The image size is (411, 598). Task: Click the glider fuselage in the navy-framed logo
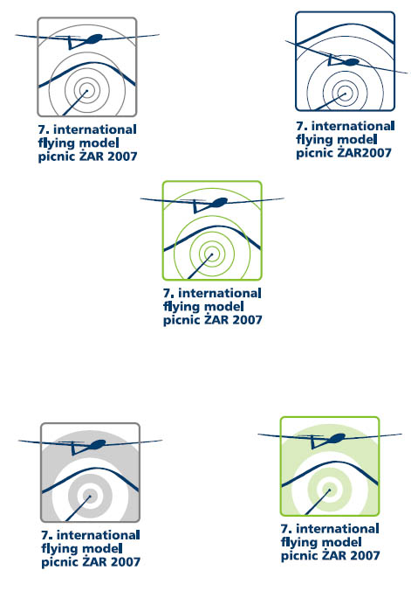click(x=350, y=62)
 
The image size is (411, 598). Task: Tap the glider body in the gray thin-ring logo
click(x=94, y=38)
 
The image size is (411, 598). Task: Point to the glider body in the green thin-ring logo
click(x=219, y=202)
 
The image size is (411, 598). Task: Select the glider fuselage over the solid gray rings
click(x=98, y=444)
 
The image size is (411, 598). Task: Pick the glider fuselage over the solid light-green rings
click(x=337, y=438)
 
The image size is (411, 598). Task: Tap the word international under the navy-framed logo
click(x=353, y=126)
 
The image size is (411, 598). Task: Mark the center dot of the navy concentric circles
click(x=346, y=93)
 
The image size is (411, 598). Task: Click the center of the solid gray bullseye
click(x=90, y=496)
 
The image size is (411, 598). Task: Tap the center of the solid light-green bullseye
click(x=330, y=490)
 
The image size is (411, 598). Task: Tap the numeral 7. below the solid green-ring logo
click(x=286, y=529)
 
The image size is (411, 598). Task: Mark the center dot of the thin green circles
click(x=211, y=254)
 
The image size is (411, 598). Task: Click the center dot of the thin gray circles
click(x=86, y=91)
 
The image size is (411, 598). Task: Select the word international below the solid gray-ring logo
click(x=99, y=535)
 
